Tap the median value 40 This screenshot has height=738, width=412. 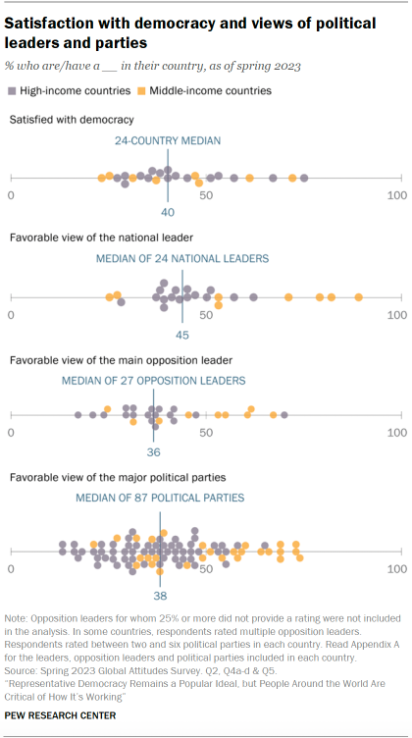168,212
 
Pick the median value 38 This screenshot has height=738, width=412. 159,594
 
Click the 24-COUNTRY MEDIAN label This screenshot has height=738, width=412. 167,140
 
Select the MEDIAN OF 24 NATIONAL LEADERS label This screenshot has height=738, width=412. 181,259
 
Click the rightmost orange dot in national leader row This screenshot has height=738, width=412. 359,297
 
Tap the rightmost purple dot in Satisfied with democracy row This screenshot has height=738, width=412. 304,178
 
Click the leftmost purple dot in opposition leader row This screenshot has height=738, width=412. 77,415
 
